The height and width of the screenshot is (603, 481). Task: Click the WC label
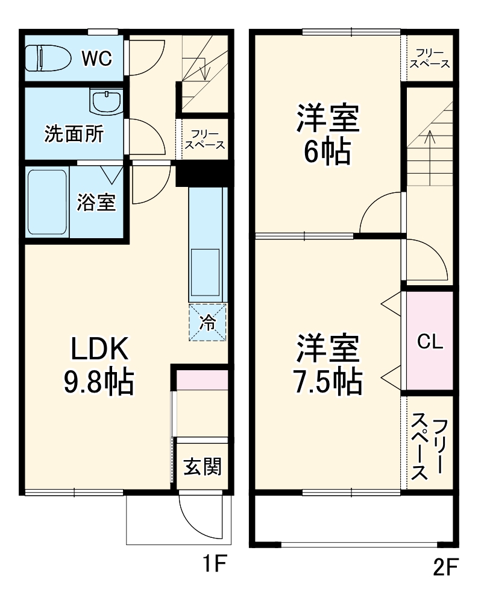tap(96, 58)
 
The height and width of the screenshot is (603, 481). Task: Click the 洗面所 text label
tap(74, 134)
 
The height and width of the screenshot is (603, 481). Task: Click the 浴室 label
tap(96, 203)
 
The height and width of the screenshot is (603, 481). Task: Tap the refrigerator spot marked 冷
tap(208, 323)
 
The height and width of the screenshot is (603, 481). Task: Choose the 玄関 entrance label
tap(202, 466)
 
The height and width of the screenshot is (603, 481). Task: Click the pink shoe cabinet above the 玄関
tap(202, 380)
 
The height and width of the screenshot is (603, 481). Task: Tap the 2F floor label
tap(446, 567)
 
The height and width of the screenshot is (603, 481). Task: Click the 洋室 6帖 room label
tap(327, 134)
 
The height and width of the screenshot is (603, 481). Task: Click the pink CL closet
tap(430, 342)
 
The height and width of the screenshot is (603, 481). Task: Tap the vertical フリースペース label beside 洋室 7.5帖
tap(429, 447)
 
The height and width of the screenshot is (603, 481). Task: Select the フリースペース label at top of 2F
tap(430, 58)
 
